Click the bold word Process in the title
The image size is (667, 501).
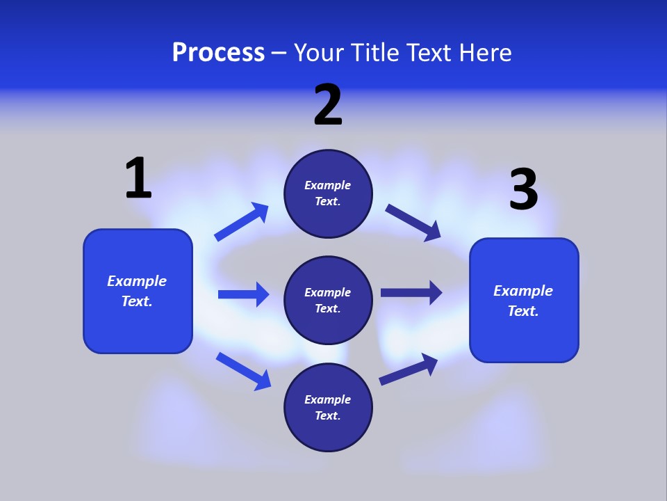218,53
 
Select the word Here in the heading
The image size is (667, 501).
485,53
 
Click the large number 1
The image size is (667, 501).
138,178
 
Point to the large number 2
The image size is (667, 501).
328,105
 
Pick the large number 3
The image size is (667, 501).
523,190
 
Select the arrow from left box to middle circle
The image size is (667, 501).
243,294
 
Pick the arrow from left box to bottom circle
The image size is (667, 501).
243,371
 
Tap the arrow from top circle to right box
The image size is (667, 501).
413,223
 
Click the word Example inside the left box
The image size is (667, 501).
137,281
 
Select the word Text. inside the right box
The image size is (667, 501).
523,311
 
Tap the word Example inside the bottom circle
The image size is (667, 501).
328,399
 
